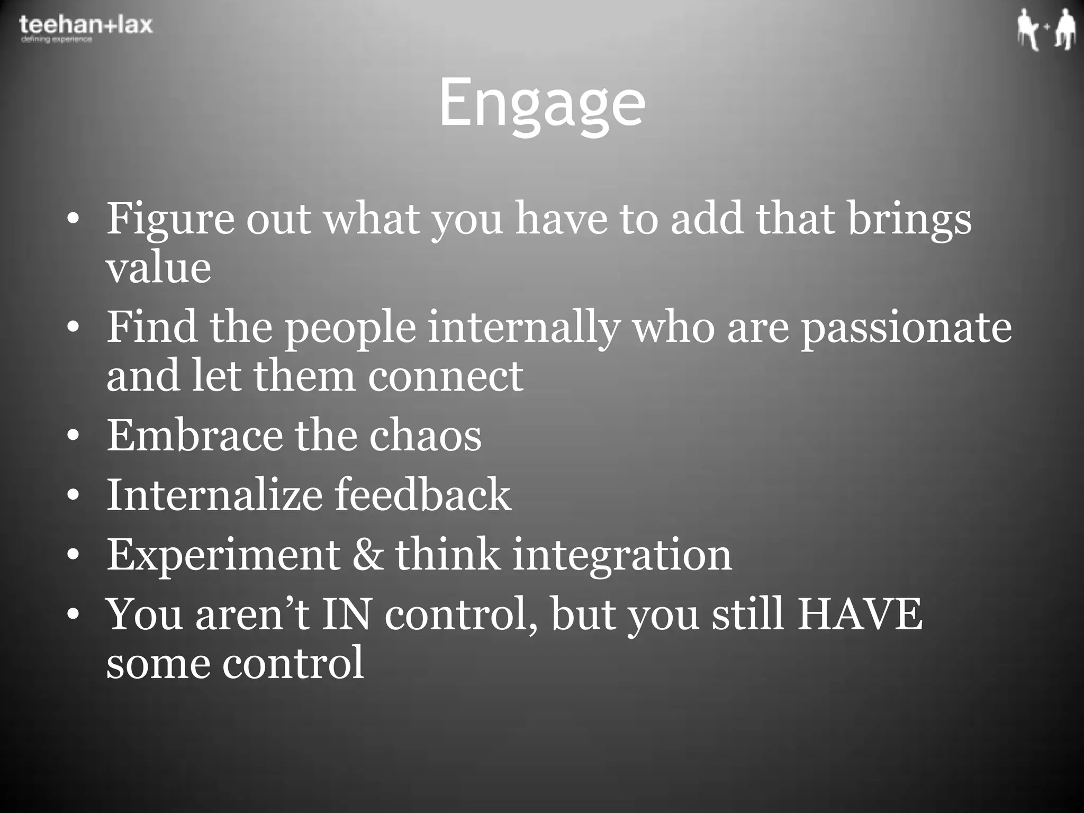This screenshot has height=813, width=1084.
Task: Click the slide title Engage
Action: (542, 103)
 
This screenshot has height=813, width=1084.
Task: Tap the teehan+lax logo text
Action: (86, 24)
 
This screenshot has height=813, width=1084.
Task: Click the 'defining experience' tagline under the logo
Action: (56, 40)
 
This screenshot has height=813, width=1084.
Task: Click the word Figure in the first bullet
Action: (170, 219)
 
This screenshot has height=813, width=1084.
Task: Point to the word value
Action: (158, 267)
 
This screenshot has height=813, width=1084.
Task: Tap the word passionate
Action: (906, 328)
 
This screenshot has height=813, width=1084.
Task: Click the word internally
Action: (523, 328)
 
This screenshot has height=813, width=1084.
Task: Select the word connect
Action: (445, 376)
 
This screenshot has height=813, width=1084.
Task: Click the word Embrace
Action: (195, 435)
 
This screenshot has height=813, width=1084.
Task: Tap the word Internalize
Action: (214, 494)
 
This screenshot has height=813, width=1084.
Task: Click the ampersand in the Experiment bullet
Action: (367, 554)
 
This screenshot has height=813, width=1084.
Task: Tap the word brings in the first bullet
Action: (909, 219)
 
